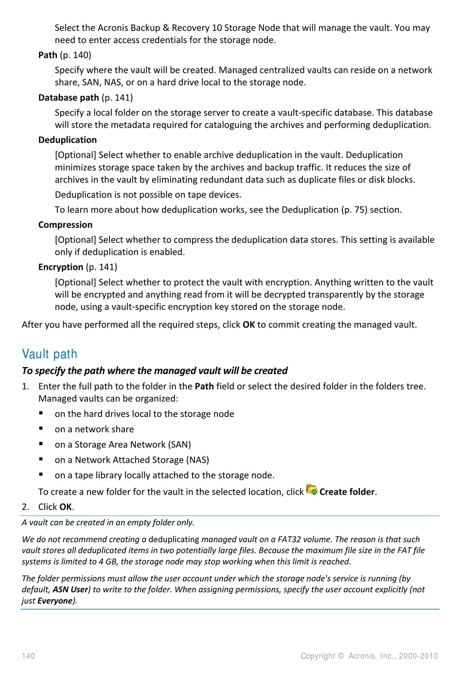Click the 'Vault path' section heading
click(x=50, y=354)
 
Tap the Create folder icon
click(x=312, y=490)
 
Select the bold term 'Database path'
click(x=69, y=98)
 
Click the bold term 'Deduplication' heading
click(x=68, y=140)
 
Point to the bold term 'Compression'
click(x=65, y=225)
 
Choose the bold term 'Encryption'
click(x=61, y=267)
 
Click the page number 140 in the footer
click(x=28, y=656)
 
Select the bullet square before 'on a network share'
click(x=41, y=429)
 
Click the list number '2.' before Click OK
click(x=25, y=507)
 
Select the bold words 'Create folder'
click(x=347, y=492)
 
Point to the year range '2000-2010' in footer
click(x=418, y=656)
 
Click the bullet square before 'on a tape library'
click(x=41, y=474)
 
